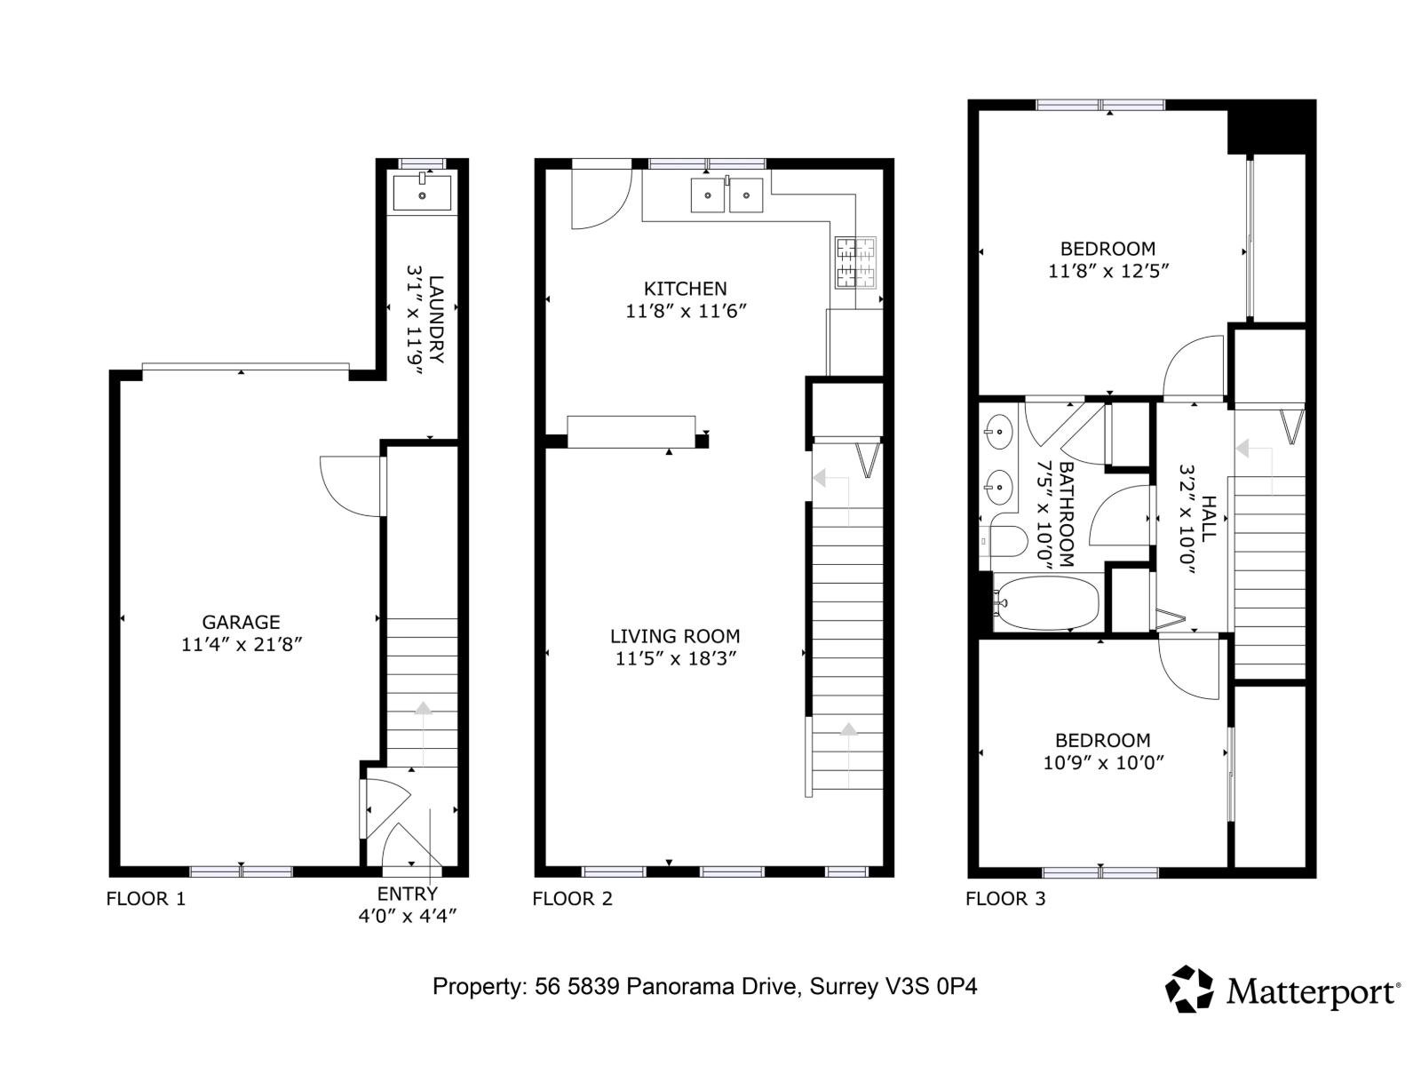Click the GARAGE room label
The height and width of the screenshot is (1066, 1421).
coord(241,623)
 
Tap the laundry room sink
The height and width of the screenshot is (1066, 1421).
coord(422,193)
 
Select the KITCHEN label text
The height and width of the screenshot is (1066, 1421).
coord(685,289)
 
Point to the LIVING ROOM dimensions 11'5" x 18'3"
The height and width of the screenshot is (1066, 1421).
coord(676,659)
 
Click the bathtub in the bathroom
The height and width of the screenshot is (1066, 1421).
coord(1045,603)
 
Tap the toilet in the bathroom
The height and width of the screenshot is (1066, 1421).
coord(1007,540)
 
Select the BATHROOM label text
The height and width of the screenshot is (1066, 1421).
coord(1067,514)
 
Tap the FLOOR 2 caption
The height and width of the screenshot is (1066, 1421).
coord(572,899)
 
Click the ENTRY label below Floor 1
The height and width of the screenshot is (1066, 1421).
coord(407,894)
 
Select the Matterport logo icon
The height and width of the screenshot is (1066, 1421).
coord(1189,990)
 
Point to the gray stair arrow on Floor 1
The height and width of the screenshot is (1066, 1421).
coord(423,709)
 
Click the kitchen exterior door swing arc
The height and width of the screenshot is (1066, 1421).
coord(600,199)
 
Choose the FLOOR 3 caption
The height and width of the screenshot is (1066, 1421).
coord(1005,899)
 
